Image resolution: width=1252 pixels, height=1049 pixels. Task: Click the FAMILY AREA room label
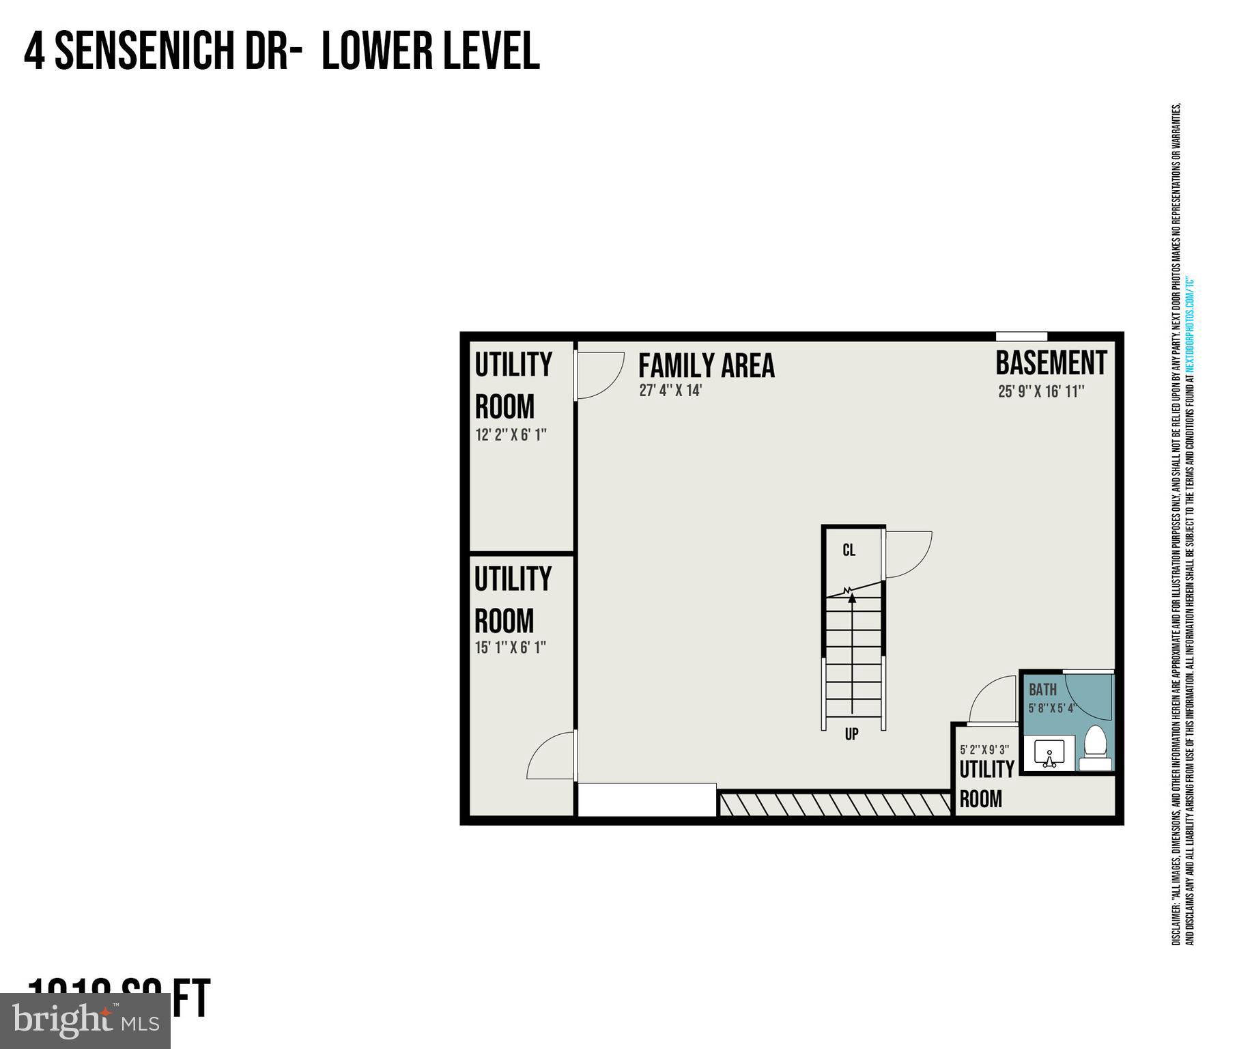tap(706, 365)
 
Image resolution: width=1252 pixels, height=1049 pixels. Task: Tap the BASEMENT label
tap(1051, 363)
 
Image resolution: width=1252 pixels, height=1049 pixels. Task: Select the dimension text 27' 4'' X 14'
tap(670, 391)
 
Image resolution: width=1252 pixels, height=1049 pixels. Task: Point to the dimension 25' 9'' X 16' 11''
tap(1041, 392)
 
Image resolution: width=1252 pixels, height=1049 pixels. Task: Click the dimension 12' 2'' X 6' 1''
tap(511, 435)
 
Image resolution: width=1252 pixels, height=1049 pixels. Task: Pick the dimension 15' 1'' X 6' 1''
tap(511, 647)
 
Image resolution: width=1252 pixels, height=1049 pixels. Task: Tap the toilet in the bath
tap(1095, 750)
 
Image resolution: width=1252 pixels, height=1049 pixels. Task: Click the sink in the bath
tap(1049, 754)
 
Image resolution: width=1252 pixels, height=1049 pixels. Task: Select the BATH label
tap(1042, 690)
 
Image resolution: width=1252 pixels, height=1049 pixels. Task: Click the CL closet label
tap(849, 550)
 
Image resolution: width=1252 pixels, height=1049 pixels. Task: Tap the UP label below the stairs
tap(851, 734)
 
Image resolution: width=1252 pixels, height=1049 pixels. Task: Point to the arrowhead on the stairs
tap(852, 598)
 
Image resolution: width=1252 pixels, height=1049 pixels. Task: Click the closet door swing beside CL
tap(907, 554)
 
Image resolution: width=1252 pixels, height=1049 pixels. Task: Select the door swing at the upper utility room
tap(599, 374)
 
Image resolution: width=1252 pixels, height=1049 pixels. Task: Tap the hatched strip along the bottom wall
tap(834, 805)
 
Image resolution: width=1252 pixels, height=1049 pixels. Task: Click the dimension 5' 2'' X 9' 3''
tap(984, 749)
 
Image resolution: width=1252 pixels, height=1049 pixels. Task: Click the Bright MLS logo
tap(85, 1020)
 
